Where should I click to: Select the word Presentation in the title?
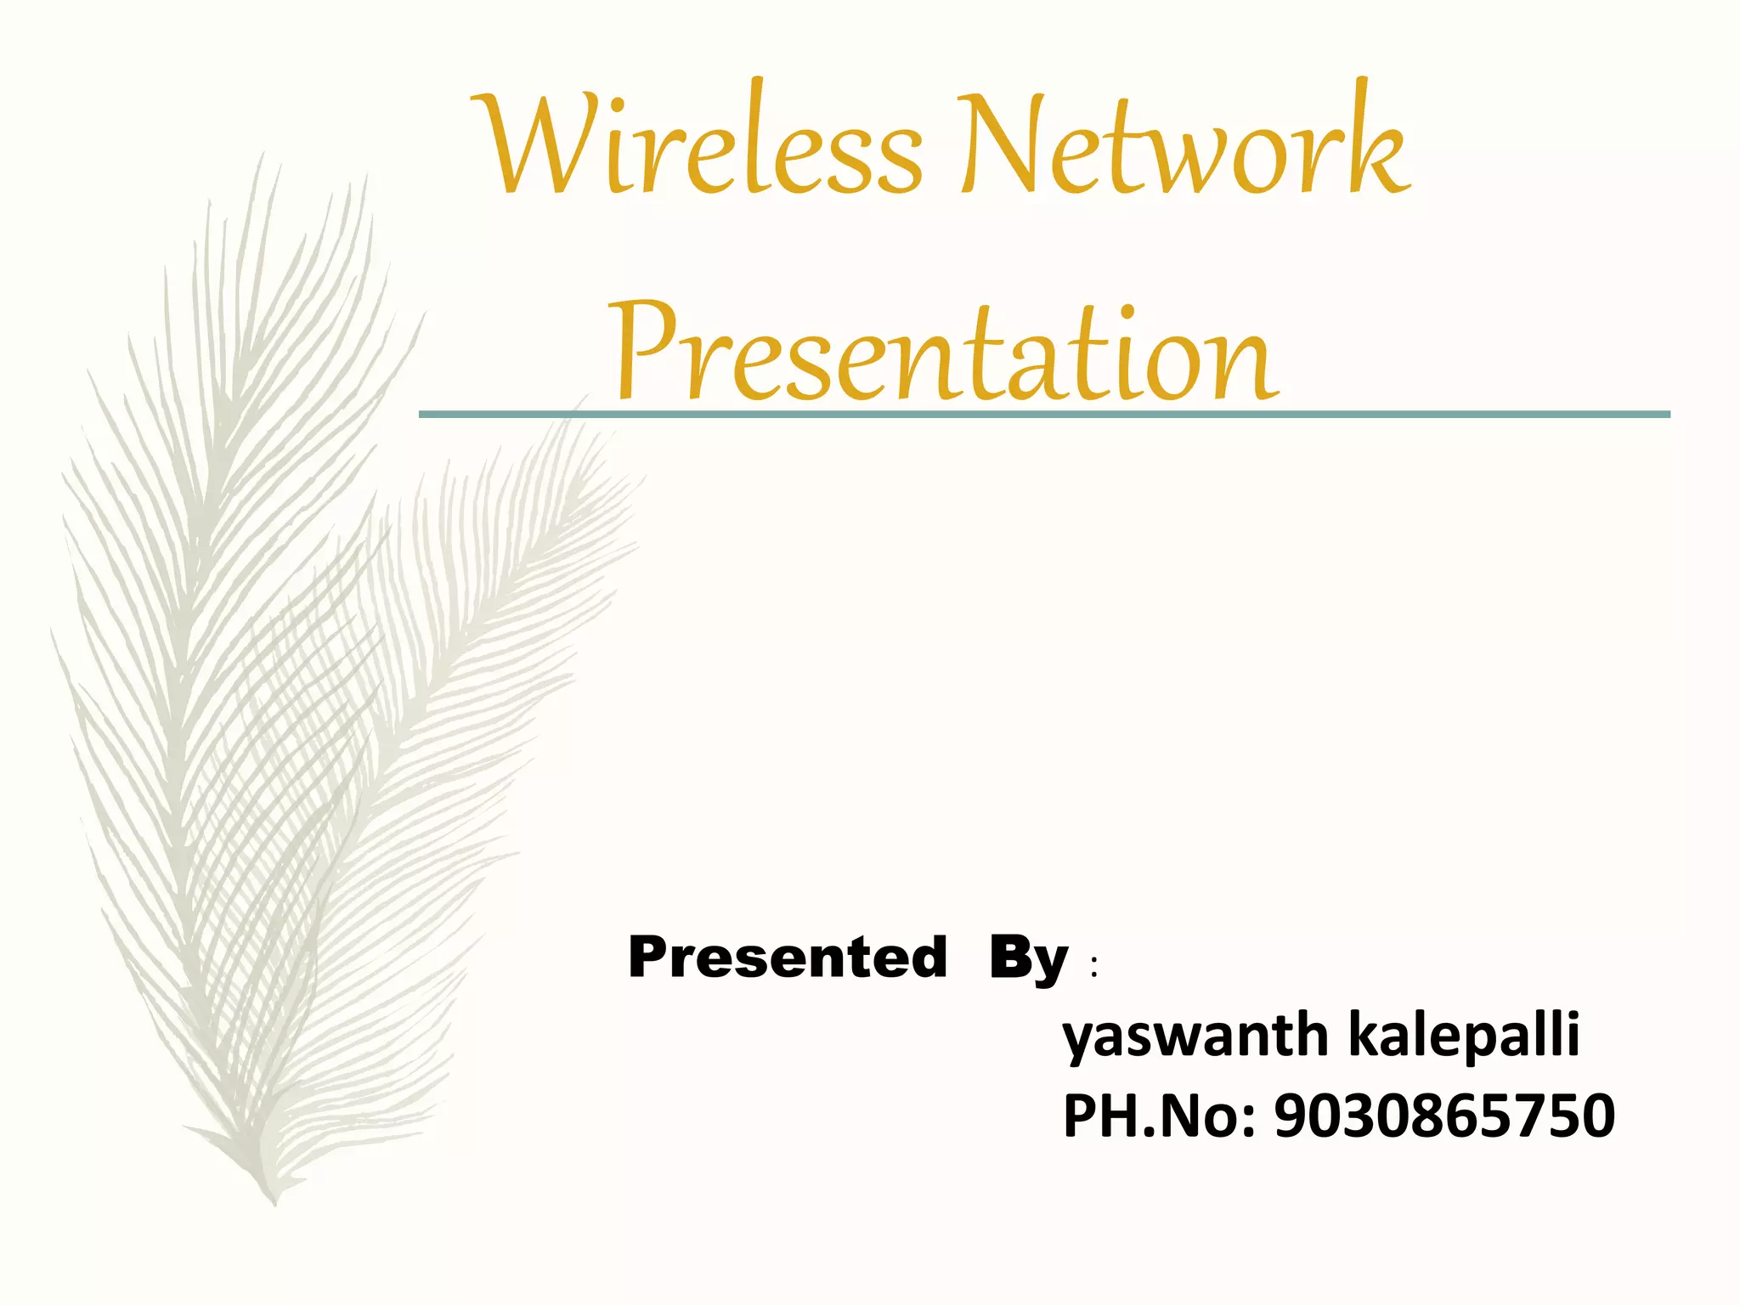[x=943, y=353]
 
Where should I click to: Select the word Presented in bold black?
[x=787, y=958]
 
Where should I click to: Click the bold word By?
[x=1028, y=960]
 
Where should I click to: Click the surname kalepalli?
[x=1463, y=1035]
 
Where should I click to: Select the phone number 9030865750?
[x=1444, y=1116]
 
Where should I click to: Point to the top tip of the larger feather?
[x=262, y=157]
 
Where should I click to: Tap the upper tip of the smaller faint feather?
[x=586, y=399]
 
